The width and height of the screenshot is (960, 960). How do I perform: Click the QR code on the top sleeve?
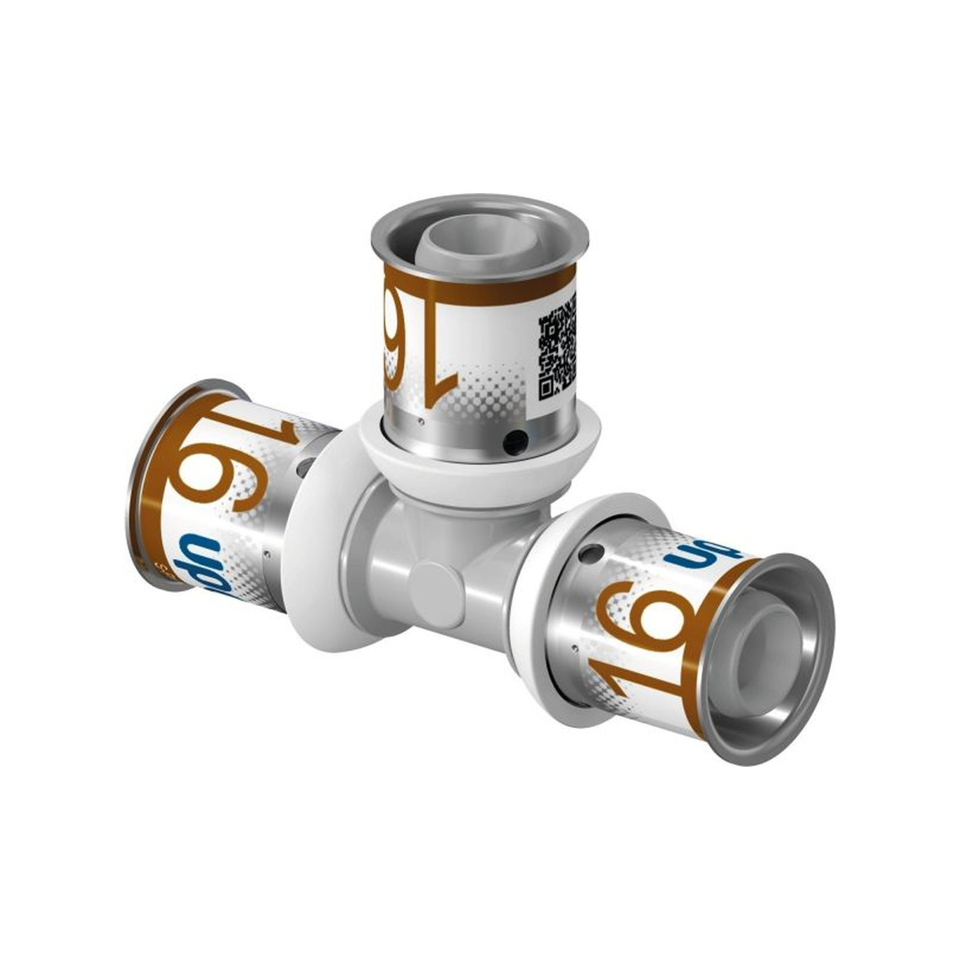pos(557,347)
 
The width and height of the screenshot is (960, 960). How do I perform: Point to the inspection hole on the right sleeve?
pos(590,554)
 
